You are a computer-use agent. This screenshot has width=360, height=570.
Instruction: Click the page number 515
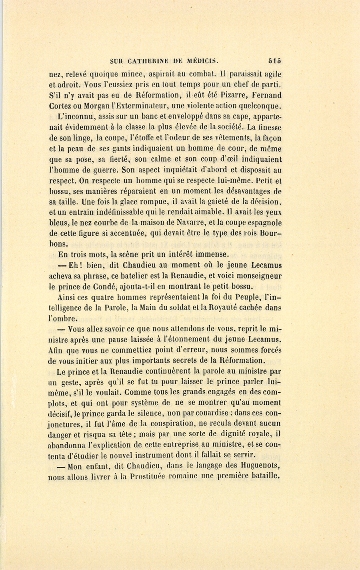pyautogui.click(x=275, y=61)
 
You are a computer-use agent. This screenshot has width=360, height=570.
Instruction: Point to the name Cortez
pyautogui.click(x=60, y=106)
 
